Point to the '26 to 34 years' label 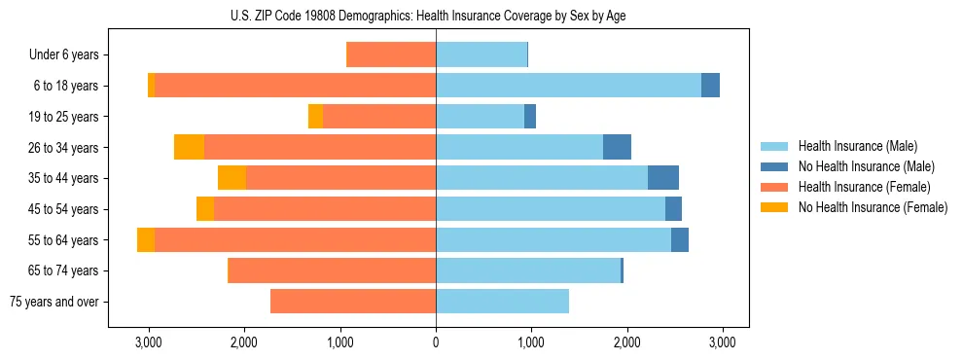coord(63,147)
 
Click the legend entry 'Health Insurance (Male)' coord(857,146)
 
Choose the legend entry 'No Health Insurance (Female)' coord(873,207)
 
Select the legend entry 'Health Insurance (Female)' coord(864,187)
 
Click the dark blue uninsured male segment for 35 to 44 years coord(663,178)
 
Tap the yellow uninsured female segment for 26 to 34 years coord(190,147)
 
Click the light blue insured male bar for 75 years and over coord(502,302)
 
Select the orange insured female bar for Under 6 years coord(391,54)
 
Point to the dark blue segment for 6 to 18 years coord(710,86)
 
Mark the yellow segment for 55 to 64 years coord(146,239)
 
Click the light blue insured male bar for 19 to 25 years coord(480,117)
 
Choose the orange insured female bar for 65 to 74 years coord(332,270)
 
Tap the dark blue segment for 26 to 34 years coord(617,147)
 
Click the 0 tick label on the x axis coord(436,342)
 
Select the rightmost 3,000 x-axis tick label coord(722,342)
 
